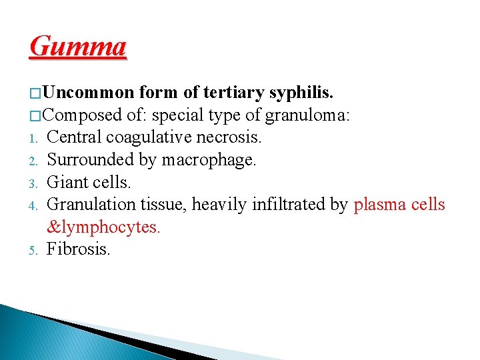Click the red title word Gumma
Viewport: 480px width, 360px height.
coord(78,47)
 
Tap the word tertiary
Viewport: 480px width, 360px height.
coord(230,91)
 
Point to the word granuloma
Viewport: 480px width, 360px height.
coord(307,115)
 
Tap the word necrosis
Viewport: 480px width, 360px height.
coord(235,137)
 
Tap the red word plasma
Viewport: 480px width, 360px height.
coord(377,205)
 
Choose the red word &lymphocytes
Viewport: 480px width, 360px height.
coord(104,227)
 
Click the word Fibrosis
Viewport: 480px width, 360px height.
coord(79,250)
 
